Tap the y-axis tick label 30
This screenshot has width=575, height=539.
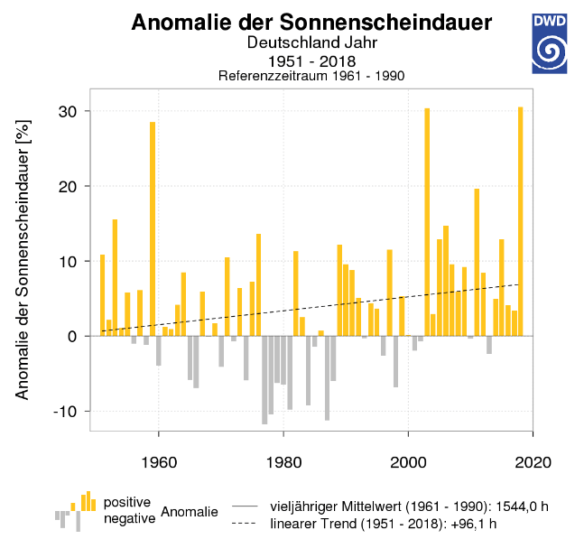(x=69, y=111)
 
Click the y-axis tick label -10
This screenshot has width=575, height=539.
(x=66, y=411)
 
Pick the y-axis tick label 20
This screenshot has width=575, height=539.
(x=69, y=186)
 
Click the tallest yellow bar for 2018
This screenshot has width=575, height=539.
(x=521, y=221)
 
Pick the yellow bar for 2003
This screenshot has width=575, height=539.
(x=427, y=221)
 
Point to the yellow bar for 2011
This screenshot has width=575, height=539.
(x=477, y=262)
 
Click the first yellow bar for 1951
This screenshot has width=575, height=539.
(x=103, y=294)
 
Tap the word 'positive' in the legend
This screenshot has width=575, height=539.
(x=128, y=501)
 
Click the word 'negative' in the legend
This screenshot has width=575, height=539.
(x=129, y=518)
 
